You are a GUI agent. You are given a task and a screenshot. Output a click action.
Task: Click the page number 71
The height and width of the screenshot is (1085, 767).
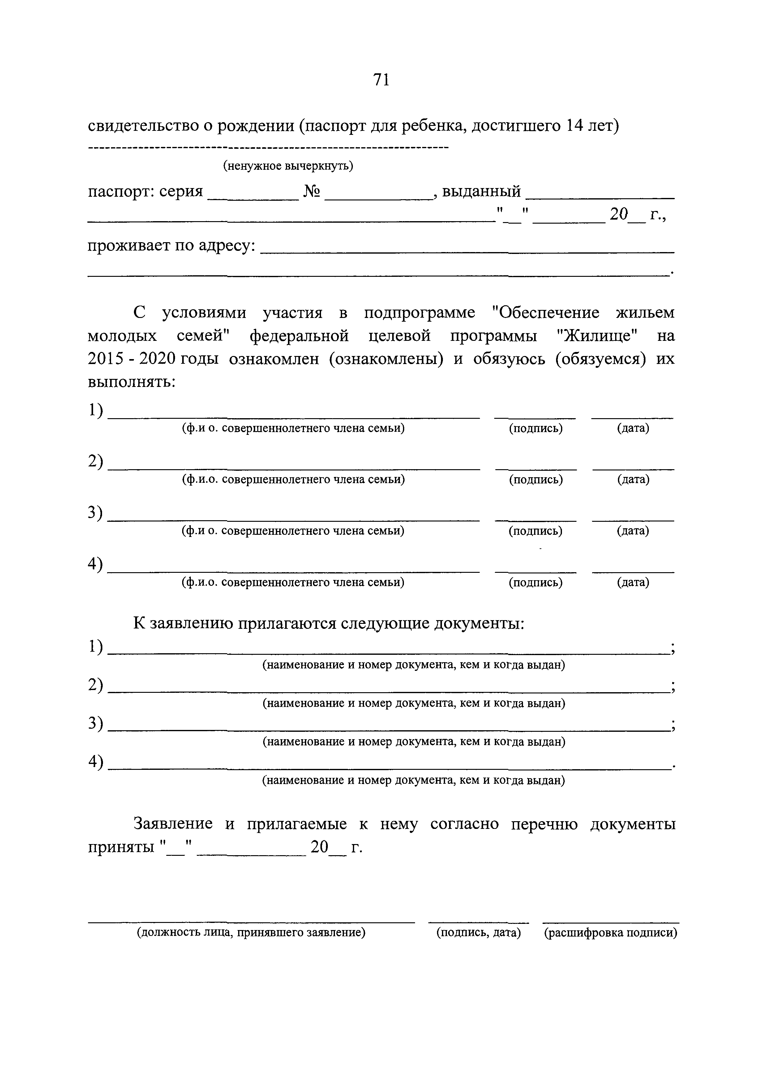381,80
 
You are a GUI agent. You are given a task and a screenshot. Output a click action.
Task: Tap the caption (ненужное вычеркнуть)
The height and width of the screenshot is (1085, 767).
288,166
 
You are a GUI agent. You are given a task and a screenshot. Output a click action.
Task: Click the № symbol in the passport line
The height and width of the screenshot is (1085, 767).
312,191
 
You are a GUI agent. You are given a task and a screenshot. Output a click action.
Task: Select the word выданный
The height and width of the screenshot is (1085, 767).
481,191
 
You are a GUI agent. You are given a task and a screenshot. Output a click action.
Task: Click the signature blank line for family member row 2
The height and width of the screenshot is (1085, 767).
536,468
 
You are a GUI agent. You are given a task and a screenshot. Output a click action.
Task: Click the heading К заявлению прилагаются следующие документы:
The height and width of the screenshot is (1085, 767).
329,623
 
